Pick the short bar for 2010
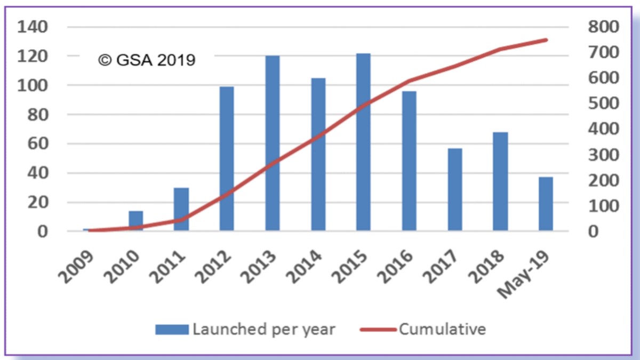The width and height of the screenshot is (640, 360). click(x=135, y=220)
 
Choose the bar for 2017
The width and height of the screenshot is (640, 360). click(x=454, y=189)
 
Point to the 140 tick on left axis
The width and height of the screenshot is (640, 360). click(x=33, y=27)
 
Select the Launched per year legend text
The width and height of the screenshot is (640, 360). click(x=263, y=329)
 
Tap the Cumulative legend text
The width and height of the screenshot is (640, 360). click(x=442, y=329)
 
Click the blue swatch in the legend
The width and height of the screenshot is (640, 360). click(x=172, y=330)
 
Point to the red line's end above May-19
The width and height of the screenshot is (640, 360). click(x=546, y=39)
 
